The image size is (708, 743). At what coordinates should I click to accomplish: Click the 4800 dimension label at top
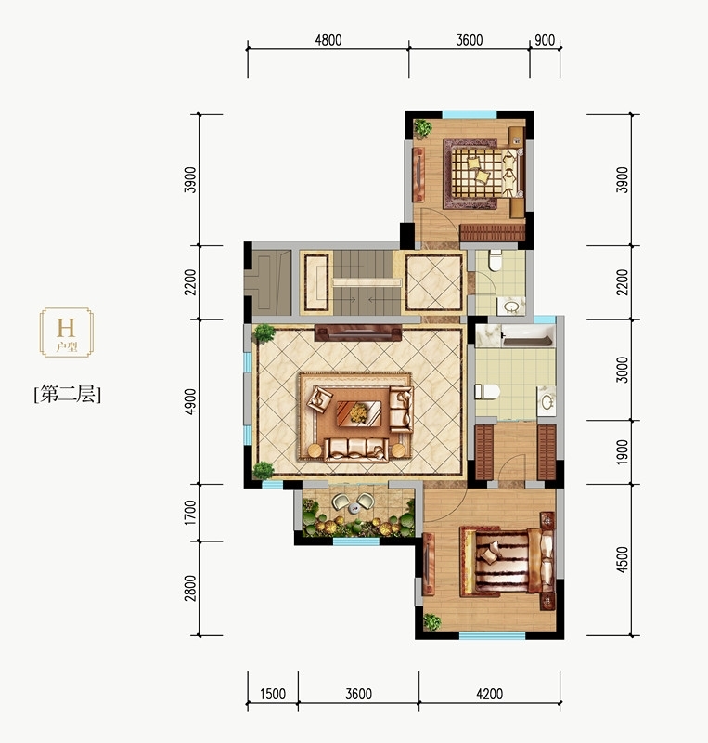click(x=328, y=40)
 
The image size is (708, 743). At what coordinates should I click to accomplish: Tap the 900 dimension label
click(x=545, y=40)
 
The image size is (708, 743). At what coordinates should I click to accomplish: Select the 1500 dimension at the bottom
click(x=273, y=694)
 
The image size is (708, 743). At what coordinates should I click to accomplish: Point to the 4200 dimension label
click(x=489, y=694)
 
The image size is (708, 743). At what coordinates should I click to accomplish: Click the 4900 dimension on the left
click(x=190, y=401)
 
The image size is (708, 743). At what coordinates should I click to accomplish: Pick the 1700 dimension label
click(x=190, y=513)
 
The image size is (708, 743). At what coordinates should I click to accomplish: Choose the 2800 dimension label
click(x=190, y=588)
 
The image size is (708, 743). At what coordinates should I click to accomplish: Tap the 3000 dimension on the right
click(x=623, y=370)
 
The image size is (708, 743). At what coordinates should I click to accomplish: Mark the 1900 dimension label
click(x=623, y=452)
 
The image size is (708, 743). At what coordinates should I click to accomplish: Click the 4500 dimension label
click(x=623, y=560)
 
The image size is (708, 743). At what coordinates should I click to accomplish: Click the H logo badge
click(x=66, y=332)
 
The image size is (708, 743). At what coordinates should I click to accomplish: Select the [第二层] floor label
click(x=67, y=394)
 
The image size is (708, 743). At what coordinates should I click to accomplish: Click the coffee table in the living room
click(x=358, y=413)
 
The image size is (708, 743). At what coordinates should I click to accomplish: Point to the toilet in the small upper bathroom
click(x=496, y=261)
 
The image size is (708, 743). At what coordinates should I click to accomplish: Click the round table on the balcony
click(x=354, y=509)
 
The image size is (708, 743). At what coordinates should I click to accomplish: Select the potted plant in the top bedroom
click(x=422, y=128)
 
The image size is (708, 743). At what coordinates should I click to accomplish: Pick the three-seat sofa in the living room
click(x=356, y=450)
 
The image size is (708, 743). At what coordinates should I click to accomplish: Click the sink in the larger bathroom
click(x=547, y=402)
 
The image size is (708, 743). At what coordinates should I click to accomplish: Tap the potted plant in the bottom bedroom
click(x=431, y=621)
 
